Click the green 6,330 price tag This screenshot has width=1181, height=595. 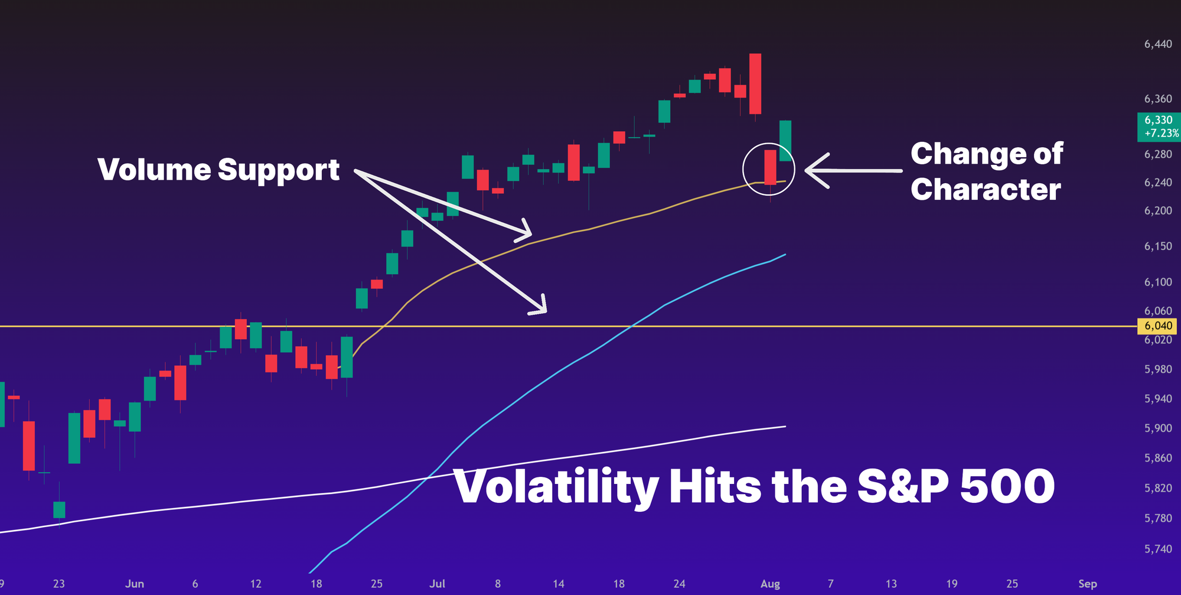[1158, 121]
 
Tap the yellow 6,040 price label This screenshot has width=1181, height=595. [1158, 326]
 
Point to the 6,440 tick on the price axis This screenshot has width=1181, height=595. [1158, 44]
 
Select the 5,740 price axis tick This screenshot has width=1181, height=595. [1158, 549]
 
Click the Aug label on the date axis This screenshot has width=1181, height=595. [770, 584]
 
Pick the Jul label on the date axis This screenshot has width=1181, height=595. [437, 584]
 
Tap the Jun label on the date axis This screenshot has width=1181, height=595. [135, 584]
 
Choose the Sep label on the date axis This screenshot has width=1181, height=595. [1087, 584]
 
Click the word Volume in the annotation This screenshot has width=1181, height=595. [154, 170]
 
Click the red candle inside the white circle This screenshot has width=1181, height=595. [770, 167]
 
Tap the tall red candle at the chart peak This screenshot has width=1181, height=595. [755, 84]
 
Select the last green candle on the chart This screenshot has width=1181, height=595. [785, 141]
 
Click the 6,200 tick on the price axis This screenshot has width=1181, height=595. [1158, 211]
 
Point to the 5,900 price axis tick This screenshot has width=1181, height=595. [1158, 428]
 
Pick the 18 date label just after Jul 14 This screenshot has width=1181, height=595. [619, 584]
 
